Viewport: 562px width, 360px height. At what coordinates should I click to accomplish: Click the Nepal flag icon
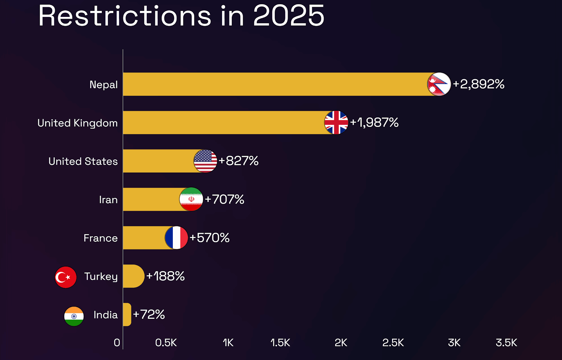point(439,84)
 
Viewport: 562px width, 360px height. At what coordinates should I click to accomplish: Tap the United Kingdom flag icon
point(336,122)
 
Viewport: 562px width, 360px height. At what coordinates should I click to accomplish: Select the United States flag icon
point(205,161)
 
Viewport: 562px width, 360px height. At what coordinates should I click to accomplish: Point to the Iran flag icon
point(191,199)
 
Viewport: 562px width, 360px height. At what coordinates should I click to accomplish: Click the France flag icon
point(176,238)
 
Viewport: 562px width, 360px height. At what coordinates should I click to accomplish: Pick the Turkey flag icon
point(66,277)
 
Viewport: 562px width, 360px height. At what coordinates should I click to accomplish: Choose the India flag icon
point(74,316)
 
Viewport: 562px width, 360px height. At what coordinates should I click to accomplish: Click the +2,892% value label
point(478,84)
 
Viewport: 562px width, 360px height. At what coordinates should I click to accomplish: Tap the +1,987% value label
point(374,122)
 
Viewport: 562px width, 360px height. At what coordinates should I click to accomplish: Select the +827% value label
point(238,161)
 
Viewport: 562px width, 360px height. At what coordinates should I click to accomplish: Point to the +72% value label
point(149,314)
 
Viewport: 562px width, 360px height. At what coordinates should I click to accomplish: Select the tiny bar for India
point(127,314)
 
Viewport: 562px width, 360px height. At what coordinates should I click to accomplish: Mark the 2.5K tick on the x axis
point(393,342)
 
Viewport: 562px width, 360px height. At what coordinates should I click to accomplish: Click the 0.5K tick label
point(166,342)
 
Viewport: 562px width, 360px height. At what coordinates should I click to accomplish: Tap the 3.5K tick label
point(506,342)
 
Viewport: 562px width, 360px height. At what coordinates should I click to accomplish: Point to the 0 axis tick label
point(117,342)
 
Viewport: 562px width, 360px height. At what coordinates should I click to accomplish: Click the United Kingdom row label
point(78,123)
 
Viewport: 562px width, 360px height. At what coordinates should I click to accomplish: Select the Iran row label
point(108,200)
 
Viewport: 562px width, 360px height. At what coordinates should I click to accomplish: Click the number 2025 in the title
point(288,16)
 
